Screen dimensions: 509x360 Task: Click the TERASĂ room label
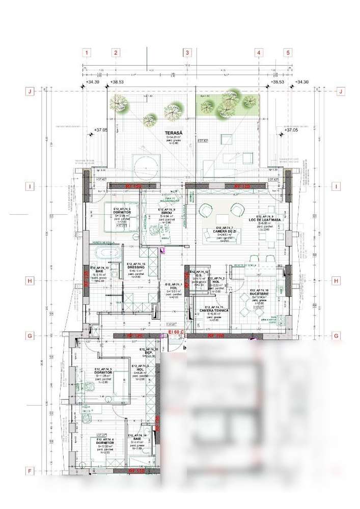point(176,133)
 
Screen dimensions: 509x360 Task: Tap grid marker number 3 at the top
point(187,52)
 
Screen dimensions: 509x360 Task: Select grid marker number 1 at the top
point(87,52)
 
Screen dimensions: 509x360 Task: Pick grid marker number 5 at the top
point(288,52)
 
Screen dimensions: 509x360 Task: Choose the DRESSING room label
point(136,267)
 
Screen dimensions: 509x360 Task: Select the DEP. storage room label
point(148,352)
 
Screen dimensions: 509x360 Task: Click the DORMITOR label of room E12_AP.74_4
point(104,443)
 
